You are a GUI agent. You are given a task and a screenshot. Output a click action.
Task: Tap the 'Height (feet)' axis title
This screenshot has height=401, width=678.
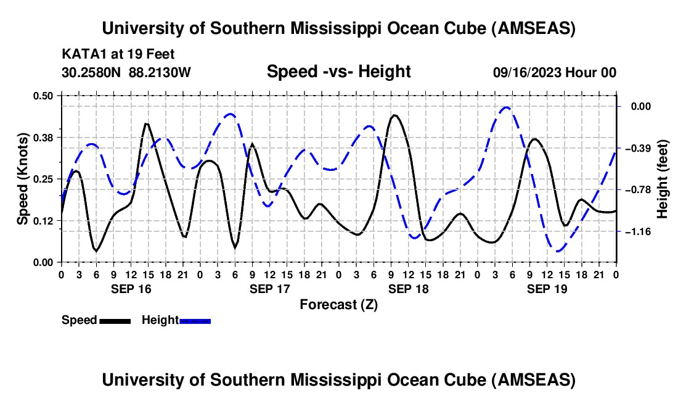(663, 179)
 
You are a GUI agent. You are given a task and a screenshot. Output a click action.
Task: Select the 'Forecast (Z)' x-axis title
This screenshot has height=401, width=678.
(338, 304)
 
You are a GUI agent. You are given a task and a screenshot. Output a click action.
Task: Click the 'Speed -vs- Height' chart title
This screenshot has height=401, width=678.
(338, 72)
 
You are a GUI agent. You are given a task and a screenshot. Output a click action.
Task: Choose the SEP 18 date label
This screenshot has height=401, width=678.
(407, 289)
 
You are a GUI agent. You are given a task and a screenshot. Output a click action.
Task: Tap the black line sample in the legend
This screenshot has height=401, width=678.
(115, 320)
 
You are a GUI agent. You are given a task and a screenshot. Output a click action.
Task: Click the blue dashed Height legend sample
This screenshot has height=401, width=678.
(195, 320)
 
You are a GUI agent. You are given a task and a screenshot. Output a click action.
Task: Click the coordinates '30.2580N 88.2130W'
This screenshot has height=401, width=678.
(126, 72)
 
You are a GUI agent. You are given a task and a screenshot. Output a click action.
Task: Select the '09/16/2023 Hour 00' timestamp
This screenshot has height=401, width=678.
(554, 72)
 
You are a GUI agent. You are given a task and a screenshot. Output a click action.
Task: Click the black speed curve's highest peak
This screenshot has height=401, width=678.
(394, 115)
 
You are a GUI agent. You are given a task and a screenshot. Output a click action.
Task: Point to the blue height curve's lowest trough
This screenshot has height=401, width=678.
(558, 251)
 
